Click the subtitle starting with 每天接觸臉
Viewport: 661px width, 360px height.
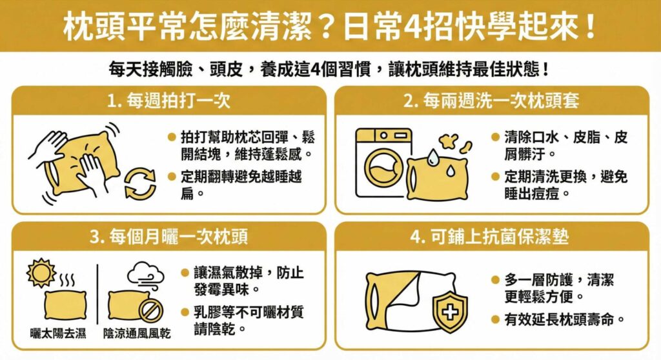point(330,68)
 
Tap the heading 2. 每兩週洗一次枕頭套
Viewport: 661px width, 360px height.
point(491,101)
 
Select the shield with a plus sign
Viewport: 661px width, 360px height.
point(449,312)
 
